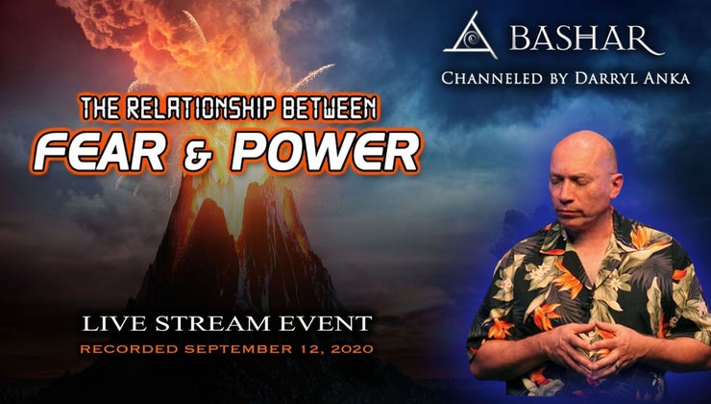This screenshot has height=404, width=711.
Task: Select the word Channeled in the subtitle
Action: pos(491,77)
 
